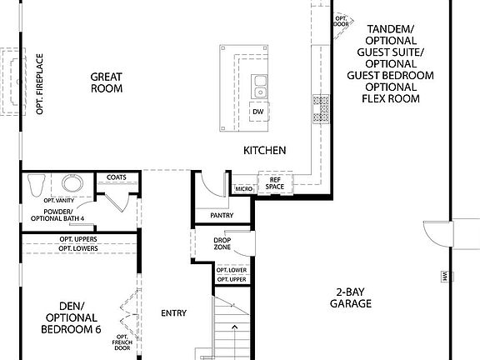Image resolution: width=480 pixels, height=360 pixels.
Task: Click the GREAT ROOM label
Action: point(107,82)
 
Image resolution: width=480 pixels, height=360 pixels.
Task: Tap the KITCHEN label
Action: point(265,151)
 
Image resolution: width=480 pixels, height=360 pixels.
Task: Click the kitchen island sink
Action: point(259,83)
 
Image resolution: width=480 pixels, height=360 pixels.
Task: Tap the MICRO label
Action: point(243,189)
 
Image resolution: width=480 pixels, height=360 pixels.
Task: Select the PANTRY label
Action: point(222,215)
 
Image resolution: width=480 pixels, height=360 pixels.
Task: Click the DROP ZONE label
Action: point(222,243)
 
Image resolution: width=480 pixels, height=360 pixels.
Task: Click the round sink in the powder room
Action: point(71,183)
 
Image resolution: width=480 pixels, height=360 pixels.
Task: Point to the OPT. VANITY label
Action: point(60,201)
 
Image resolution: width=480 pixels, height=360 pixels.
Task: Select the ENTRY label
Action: point(173,313)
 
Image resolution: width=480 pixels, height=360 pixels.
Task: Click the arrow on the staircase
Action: point(236,327)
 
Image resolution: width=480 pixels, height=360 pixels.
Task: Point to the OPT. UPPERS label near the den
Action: point(78,239)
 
